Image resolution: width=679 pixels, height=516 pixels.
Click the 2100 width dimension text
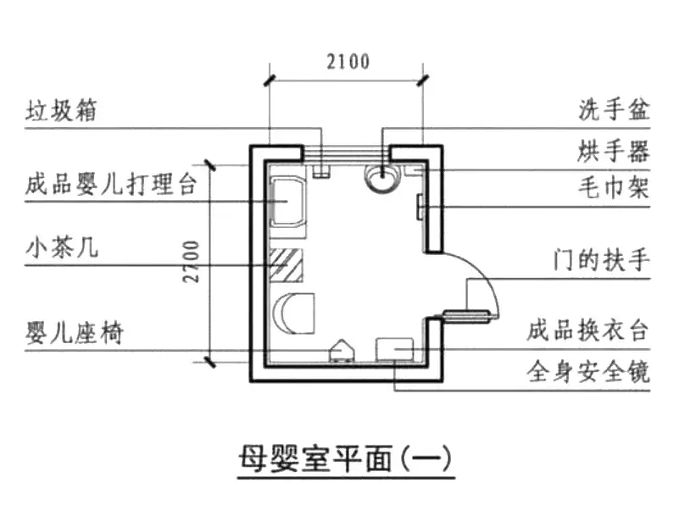tap(348, 62)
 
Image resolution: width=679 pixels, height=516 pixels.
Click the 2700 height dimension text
tap(191, 262)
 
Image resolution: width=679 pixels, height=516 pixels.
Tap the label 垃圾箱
tap(61, 110)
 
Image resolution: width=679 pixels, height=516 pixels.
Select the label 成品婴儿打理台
tap(111, 184)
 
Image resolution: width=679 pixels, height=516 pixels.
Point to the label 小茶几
tap(62, 248)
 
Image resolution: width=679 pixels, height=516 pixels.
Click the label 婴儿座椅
tap(75, 333)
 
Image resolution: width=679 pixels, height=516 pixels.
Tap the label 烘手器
tap(614, 152)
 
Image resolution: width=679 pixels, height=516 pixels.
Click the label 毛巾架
tap(614, 188)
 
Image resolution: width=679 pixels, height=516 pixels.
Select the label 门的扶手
tap(602, 260)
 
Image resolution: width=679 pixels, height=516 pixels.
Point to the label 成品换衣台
tap(588, 330)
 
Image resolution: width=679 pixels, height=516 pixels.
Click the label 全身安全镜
tap(588, 371)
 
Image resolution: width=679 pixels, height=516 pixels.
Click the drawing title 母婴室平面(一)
tap(346, 459)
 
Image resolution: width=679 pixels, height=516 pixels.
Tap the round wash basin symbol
tap(381, 176)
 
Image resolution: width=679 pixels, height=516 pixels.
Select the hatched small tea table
tap(286, 265)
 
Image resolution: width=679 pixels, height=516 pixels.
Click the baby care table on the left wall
tap(287, 201)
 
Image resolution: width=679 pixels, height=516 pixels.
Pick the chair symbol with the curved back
tap(293, 313)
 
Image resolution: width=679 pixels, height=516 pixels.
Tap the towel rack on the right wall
tap(420, 207)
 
